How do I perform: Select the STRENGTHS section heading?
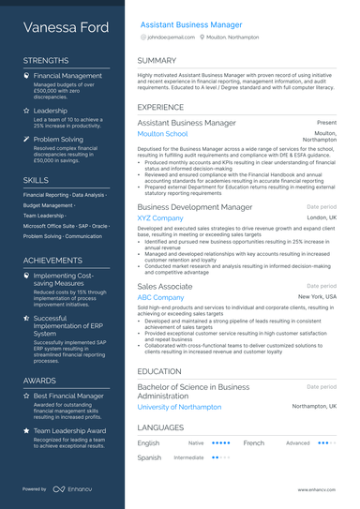(x=46, y=60)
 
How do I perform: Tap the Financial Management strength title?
(x=67, y=75)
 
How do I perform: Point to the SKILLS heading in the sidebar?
(x=37, y=178)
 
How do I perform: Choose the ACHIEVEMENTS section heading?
(x=52, y=260)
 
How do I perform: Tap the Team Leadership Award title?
(x=69, y=430)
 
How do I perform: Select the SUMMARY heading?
(x=157, y=60)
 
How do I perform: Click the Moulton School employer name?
(x=162, y=134)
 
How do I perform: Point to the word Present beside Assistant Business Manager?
(x=326, y=122)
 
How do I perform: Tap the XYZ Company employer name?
(x=159, y=217)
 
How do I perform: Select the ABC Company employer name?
(x=160, y=296)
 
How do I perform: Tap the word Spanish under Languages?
(x=149, y=457)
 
